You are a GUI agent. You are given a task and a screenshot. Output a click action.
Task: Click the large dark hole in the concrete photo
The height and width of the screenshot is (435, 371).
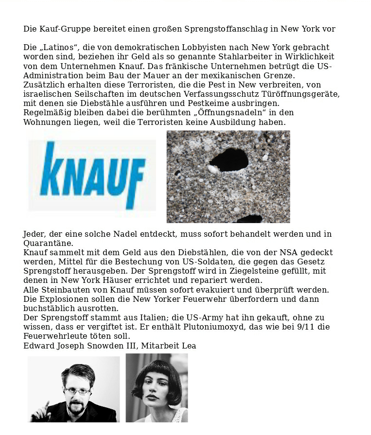click(x=229, y=159)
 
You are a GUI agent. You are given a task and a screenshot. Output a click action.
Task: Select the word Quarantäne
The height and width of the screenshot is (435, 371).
click(x=48, y=243)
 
